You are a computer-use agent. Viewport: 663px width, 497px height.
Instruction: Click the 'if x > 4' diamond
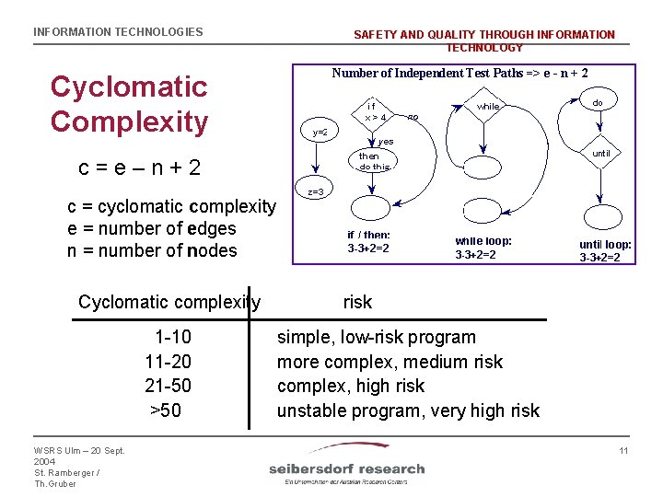pos(374,112)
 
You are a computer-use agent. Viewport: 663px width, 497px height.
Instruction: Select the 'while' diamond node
pos(487,108)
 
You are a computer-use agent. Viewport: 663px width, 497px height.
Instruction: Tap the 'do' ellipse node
pos(597,102)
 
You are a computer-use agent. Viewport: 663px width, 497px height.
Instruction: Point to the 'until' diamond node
pos(600,154)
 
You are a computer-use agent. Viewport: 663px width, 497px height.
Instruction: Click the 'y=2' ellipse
pos(320,133)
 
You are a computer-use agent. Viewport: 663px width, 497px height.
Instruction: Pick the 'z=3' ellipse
pos(315,192)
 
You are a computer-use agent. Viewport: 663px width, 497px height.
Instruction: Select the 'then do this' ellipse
pos(374,162)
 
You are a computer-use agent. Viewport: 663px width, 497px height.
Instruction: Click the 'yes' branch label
pos(386,142)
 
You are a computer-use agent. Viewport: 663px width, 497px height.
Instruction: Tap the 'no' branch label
pos(413,118)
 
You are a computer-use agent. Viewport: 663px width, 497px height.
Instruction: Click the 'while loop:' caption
pos(483,241)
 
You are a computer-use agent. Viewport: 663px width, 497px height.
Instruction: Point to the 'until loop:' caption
pos(605,245)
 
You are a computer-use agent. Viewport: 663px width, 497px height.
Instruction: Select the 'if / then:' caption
pos(368,236)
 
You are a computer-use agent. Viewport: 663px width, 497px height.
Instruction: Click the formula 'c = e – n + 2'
pos(139,168)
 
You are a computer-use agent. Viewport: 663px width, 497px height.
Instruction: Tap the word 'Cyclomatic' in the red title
pos(129,87)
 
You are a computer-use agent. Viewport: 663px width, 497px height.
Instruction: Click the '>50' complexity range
pos(166,410)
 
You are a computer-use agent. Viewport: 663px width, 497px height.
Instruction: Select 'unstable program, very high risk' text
pos(408,410)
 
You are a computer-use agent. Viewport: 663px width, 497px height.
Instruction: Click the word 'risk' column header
pos(357,302)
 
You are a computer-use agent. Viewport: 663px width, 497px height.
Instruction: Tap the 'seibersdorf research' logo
pos(346,468)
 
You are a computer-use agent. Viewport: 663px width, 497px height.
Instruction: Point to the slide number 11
pos(623,450)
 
